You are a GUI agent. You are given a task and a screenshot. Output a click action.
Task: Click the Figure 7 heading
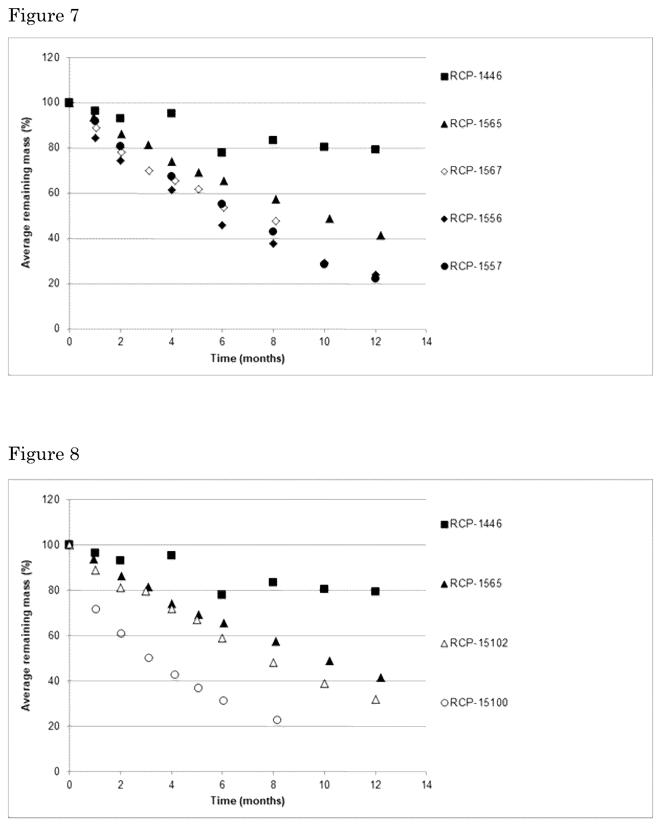[x=44, y=16]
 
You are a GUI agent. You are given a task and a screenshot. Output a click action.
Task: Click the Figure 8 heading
[x=44, y=454]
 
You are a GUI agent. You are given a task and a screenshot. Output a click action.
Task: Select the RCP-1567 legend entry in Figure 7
[x=472, y=171]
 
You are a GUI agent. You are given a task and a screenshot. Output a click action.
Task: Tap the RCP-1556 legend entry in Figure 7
[x=472, y=218]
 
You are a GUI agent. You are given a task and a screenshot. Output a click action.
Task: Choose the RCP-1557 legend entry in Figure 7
[x=472, y=266]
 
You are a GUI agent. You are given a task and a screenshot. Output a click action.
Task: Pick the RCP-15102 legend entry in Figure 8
[x=475, y=643]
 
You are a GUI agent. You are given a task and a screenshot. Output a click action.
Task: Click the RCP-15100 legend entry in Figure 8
[x=475, y=703]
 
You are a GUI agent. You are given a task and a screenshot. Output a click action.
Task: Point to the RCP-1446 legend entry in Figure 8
[x=472, y=523]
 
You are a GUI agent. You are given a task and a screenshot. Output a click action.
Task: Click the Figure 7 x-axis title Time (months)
[x=248, y=358]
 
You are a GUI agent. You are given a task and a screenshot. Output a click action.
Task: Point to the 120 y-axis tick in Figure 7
[x=52, y=58]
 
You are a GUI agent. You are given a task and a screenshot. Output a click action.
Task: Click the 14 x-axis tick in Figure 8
[x=427, y=784]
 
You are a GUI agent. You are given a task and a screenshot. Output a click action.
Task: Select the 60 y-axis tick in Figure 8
[x=54, y=636]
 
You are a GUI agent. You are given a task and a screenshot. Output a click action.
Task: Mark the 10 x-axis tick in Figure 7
[x=324, y=342]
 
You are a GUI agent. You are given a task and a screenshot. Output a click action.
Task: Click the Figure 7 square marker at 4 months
[x=171, y=113]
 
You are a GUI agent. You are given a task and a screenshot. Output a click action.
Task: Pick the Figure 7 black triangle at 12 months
[x=381, y=236]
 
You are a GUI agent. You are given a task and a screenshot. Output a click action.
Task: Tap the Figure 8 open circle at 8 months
[x=277, y=720]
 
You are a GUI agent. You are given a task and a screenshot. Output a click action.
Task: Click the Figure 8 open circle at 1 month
[x=96, y=609]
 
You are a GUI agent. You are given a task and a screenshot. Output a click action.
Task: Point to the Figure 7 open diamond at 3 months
[x=149, y=171]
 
